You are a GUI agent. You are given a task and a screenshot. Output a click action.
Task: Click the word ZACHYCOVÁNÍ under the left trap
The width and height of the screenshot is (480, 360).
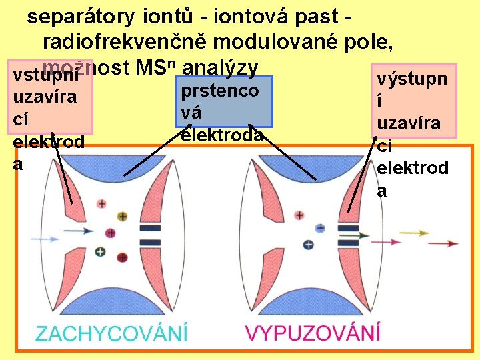(111, 332)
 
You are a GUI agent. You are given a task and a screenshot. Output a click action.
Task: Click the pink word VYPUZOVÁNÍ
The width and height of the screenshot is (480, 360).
(313, 332)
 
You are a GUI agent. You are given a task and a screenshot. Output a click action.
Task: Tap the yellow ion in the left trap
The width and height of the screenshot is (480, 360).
(122, 217)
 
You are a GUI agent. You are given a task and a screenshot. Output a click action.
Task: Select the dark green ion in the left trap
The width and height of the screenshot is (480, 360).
(101, 252)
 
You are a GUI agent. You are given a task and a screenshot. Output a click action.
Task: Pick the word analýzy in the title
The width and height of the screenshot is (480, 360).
(219, 67)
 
